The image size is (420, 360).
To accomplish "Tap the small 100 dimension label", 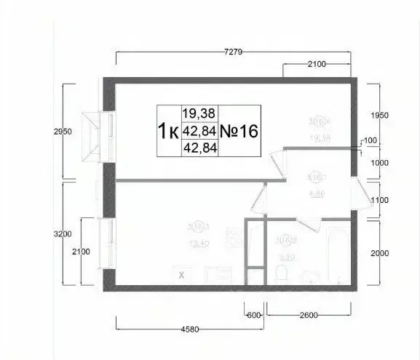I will coord(370,140).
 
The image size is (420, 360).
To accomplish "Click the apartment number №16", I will coord(238,131).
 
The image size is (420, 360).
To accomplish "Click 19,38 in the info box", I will coord(199,113).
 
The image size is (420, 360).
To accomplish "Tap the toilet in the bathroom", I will coord(283,274).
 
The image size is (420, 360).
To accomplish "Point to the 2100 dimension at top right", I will coord(316,64).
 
